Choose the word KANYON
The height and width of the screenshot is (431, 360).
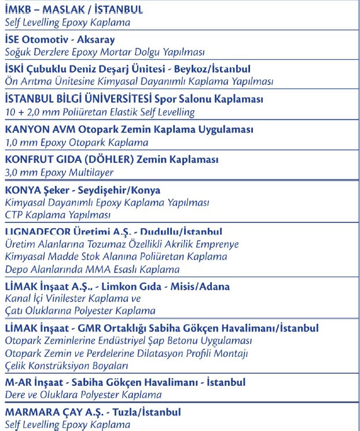[24, 129]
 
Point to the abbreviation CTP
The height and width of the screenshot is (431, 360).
[15, 215]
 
